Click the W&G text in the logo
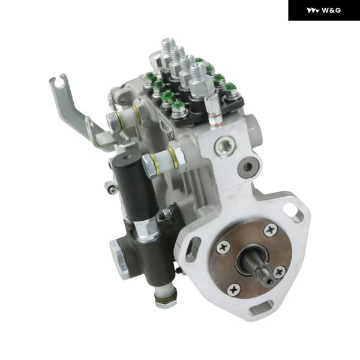(x=331, y=10)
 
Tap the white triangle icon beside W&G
(x=313, y=11)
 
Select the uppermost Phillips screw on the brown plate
(x=271, y=230)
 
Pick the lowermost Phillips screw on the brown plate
(x=234, y=290)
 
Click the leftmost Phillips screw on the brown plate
(x=223, y=247)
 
